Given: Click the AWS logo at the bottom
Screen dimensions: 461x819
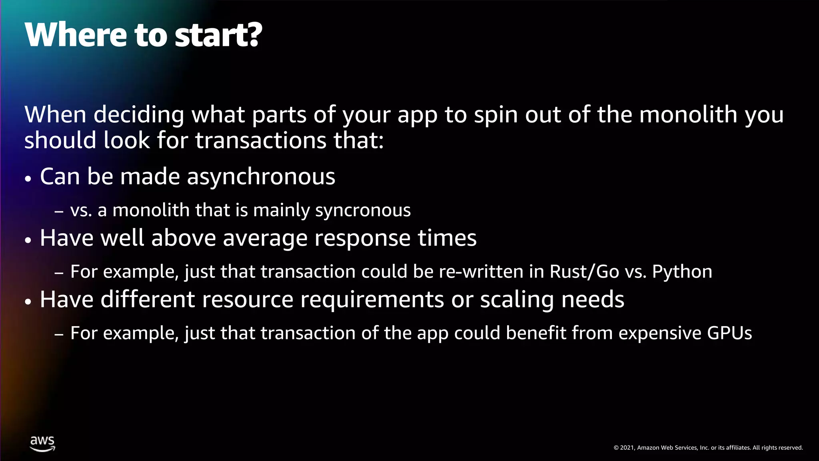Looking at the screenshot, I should tap(42, 443).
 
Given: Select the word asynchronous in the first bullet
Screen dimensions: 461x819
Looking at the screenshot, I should tap(261, 176).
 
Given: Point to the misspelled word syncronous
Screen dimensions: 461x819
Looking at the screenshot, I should tap(363, 210).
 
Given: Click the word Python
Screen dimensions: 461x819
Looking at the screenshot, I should tap(682, 272).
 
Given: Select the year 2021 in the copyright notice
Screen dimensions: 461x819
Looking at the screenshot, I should tap(627, 448).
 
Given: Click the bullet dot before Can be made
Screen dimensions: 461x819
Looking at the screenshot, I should tap(28, 178).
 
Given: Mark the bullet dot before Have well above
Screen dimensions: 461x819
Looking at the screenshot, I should tap(28, 240).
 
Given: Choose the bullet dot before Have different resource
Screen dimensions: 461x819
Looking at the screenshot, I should tap(28, 301).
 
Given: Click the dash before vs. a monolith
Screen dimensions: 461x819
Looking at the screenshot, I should tap(59, 211).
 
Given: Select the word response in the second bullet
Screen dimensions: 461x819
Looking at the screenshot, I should tap(362, 238).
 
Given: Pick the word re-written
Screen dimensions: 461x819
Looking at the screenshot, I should tap(481, 272).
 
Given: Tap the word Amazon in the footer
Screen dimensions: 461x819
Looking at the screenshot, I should tap(648, 448).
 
